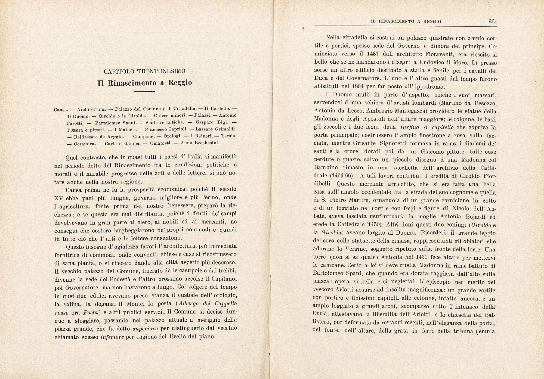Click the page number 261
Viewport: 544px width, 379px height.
[x=493, y=21]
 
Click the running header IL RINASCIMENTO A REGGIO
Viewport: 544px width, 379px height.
[x=406, y=21]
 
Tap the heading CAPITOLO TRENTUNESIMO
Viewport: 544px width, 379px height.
[x=144, y=72]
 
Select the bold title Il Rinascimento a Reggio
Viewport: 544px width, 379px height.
[x=144, y=83]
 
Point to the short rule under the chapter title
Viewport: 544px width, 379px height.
[x=144, y=92]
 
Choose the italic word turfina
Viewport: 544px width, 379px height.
[x=410, y=127]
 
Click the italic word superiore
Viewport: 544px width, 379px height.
[x=145, y=328]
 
